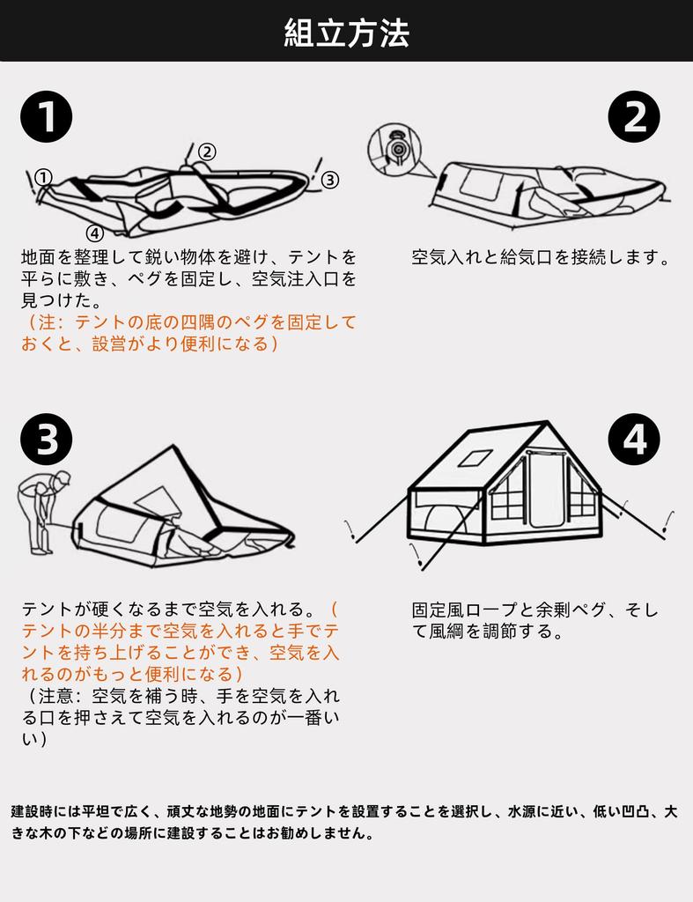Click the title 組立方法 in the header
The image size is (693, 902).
point(346,33)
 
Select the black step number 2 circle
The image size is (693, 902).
point(634,117)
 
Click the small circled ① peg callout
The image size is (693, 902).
point(43,176)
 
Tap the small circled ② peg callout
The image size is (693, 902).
point(206,152)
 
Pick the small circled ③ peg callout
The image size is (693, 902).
point(329,180)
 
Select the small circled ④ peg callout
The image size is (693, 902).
point(95,233)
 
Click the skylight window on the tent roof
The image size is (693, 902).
point(476,457)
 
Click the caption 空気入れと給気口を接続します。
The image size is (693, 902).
point(541,258)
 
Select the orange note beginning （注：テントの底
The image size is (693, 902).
point(188,333)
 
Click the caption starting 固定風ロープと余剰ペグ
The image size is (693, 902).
point(534,620)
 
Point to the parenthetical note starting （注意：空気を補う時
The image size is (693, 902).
point(180,717)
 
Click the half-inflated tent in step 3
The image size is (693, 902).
point(181,515)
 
